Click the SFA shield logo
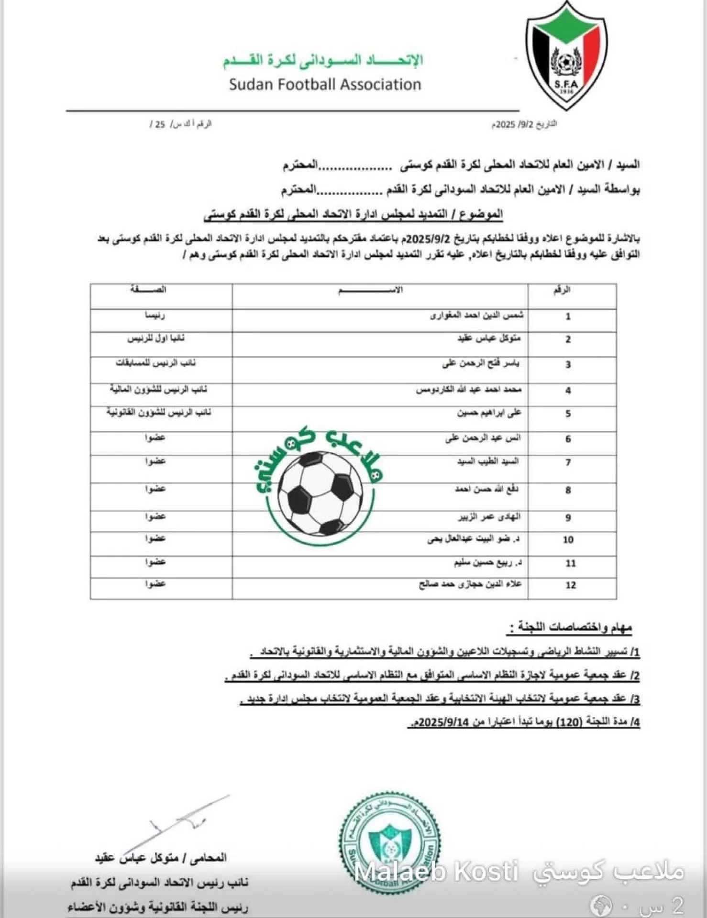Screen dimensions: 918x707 pyautogui.click(x=567, y=56)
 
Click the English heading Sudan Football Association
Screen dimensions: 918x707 pyautogui.click(x=325, y=85)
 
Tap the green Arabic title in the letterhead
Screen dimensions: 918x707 pyautogui.click(x=323, y=60)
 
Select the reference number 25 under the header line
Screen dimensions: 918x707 pyautogui.click(x=160, y=124)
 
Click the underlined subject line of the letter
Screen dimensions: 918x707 pyautogui.click(x=353, y=214)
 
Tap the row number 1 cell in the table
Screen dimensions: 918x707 pyautogui.click(x=568, y=317)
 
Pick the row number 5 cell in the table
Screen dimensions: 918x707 pyautogui.click(x=568, y=414)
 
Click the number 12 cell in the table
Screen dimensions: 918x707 pyautogui.click(x=571, y=585)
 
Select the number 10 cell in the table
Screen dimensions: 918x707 pyautogui.click(x=568, y=540)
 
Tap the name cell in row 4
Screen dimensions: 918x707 pyautogui.click(x=468, y=390)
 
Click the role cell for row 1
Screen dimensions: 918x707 pyautogui.click(x=155, y=316)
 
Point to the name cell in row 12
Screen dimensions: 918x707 pyautogui.click(x=470, y=584)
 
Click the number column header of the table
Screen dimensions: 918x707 pyautogui.click(x=562, y=290)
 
